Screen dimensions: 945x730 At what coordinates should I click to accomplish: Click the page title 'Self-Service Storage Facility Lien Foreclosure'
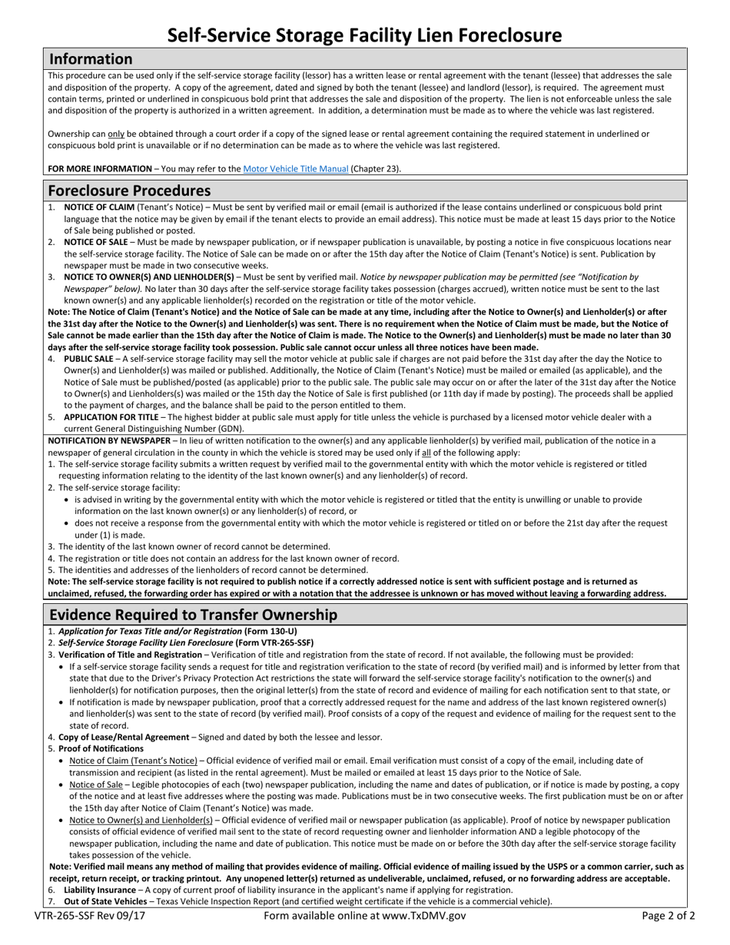coord(365,35)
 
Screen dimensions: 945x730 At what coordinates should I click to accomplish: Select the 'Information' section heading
coord(91,59)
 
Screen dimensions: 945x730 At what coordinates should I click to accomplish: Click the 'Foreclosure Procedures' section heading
coord(129,191)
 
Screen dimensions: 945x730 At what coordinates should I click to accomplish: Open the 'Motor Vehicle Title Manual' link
coord(296,169)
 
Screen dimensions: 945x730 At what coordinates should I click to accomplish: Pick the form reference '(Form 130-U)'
coord(269,632)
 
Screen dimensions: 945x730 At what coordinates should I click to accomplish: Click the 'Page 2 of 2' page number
coord(669,916)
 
